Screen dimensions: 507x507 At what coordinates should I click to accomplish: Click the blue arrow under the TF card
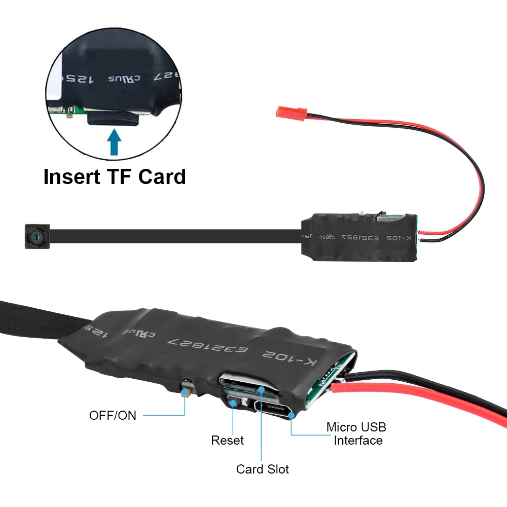tap(115, 140)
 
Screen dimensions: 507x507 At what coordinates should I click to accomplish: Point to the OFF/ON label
tap(113, 415)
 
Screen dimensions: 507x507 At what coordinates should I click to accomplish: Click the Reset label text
tap(227, 441)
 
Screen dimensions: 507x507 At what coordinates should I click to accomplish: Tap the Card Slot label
tap(263, 469)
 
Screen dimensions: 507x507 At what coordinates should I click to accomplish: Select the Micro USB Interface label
tap(356, 434)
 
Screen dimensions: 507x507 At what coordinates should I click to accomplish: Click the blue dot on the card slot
tap(261, 389)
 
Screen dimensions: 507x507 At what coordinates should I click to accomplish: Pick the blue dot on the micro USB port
tap(292, 415)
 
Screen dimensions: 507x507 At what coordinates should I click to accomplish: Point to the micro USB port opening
tap(274, 409)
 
